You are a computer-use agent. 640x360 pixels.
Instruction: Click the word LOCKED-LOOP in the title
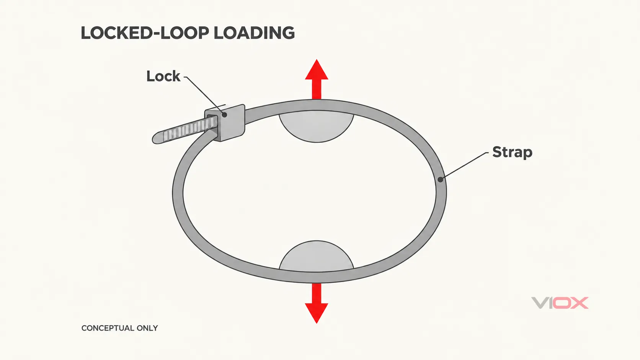pyautogui.click(x=145, y=33)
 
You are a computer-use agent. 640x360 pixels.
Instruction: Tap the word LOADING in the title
pyautogui.click(x=254, y=33)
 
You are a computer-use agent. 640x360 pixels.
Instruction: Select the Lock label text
pyautogui.click(x=163, y=76)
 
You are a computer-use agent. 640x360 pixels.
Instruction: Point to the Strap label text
pyautogui.click(x=512, y=152)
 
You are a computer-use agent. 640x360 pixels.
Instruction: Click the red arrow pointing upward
pyautogui.click(x=317, y=79)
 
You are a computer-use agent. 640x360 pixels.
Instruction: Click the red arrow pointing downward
pyautogui.click(x=317, y=303)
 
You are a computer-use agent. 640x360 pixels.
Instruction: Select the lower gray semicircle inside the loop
pyautogui.click(x=317, y=256)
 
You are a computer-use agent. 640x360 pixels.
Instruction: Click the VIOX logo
pyautogui.click(x=560, y=303)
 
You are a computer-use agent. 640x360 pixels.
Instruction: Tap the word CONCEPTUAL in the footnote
pyautogui.click(x=108, y=328)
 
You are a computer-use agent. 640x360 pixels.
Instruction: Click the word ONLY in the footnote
pyautogui.click(x=147, y=328)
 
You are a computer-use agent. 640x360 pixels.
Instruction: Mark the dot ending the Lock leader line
pyautogui.click(x=225, y=115)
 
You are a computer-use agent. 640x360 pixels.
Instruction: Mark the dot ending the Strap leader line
pyautogui.click(x=441, y=179)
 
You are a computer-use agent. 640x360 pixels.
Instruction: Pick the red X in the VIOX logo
pyautogui.click(x=580, y=303)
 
